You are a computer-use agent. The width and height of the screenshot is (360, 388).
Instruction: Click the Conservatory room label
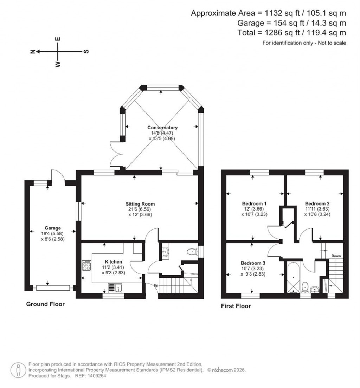coord(162,128)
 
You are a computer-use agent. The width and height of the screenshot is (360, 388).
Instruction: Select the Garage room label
coord(52,228)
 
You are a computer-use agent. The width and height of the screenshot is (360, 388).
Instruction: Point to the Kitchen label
coord(114,262)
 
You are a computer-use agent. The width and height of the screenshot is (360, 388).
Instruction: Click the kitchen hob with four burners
coord(86,266)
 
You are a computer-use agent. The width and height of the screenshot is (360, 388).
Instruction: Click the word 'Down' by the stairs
coord(335,256)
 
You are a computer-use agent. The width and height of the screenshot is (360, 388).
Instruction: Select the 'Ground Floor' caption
coord(45,304)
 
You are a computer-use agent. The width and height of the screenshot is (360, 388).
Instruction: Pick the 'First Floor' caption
coord(236,306)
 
